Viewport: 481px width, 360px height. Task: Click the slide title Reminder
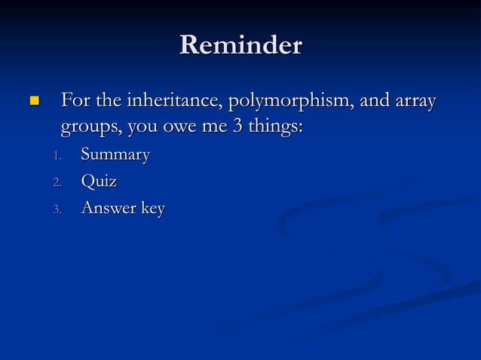(240, 45)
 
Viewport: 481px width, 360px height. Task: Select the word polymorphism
(286, 101)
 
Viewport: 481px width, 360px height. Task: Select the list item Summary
(115, 155)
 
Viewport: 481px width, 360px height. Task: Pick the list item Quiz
(98, 182)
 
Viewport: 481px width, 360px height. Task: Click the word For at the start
(74, 99)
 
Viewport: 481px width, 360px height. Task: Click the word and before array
(375, 99)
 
